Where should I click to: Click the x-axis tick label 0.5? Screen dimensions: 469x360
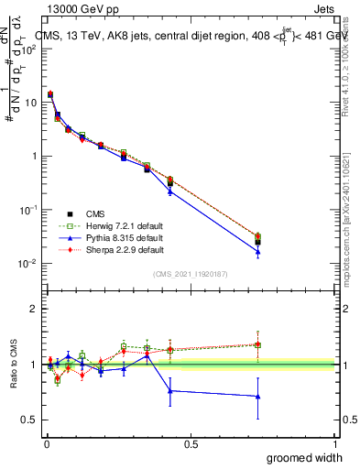click(x=191, y=443)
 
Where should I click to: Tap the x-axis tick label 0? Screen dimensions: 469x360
click(x=46, y=443)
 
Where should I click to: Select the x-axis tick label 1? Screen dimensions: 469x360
click(x=335, y=443)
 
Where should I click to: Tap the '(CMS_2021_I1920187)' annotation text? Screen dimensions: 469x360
click(x=190, y=273)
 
